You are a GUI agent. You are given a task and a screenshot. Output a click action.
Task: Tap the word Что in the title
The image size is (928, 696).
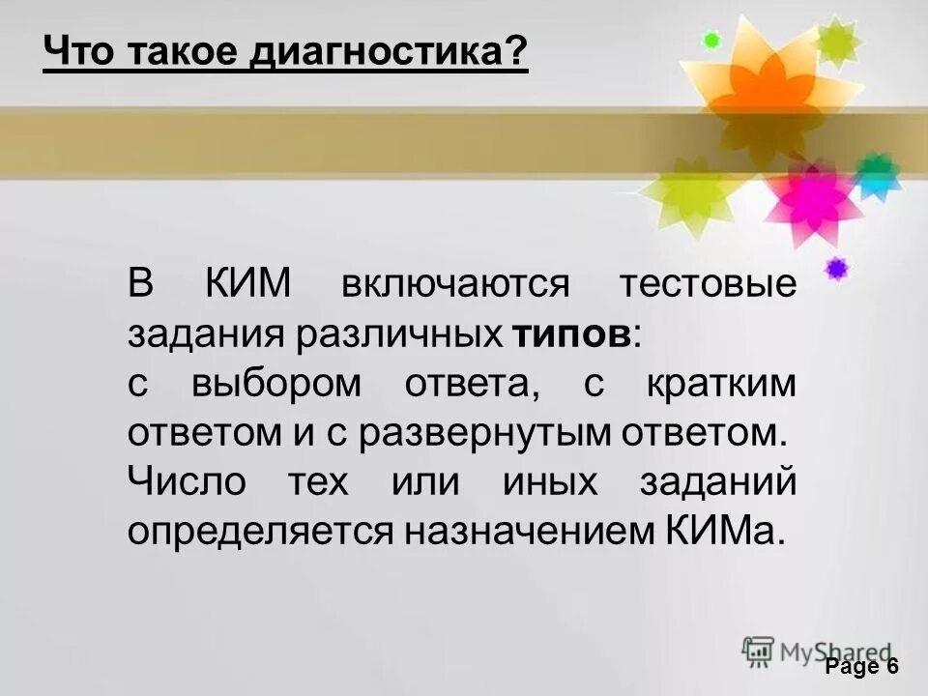click(x=75, y=51)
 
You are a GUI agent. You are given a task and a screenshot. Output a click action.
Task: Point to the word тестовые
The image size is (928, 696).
click(x=708, y=285)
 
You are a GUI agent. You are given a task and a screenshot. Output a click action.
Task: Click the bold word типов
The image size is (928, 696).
click(x=569, y=333)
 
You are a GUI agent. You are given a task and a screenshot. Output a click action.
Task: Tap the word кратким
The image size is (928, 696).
click(x=719, y=384)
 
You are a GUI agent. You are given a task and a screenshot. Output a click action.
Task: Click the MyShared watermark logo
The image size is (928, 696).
click(x=817, y=652)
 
